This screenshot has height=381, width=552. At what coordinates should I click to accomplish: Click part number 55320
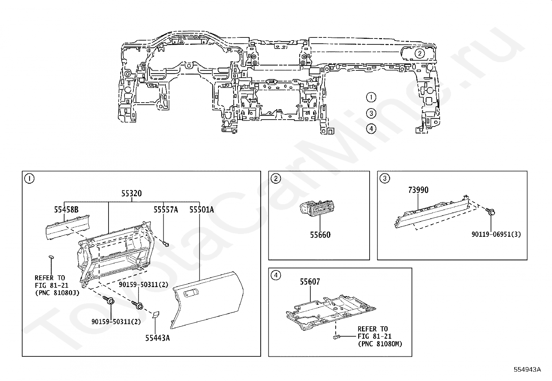[131, 193]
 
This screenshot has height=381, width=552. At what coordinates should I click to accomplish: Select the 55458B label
[66, 210]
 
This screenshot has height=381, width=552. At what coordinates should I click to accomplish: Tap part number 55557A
[166, 210]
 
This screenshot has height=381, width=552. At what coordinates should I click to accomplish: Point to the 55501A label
[201, 210]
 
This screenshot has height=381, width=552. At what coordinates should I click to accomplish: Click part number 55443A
[157, 338]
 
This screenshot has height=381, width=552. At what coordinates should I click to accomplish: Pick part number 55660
[320, 235]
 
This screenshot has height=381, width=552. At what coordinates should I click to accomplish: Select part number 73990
[418, 190]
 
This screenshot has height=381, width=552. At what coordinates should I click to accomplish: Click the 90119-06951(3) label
[496, 234]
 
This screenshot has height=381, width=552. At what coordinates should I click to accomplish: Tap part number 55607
[310, 282]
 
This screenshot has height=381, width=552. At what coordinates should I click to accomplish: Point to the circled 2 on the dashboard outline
[420, 53]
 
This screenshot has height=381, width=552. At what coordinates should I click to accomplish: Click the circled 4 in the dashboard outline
[371, 129]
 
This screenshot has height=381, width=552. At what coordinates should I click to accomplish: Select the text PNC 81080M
[380, 344]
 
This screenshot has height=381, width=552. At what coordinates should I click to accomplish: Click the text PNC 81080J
[57, 293]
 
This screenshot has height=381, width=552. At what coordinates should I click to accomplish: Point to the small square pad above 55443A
[155, 314]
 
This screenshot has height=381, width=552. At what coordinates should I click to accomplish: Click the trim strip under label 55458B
[67, 227]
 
